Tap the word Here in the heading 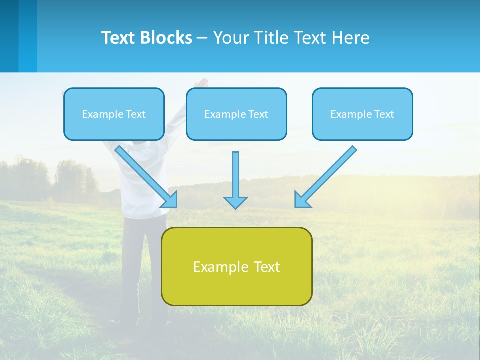pyautogui.click(x=349, y=38)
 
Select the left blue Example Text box pyautogui.click(x=114, y=114)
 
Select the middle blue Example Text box pyautogui.click(x=236, y=114)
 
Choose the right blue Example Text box pyautogui.click(x=362, y=114)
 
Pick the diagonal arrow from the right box pyautogui.click(x=327, y=175)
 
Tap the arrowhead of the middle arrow pyautogui.click(x=235, y=202)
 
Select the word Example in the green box pyautogui.click(x=221, y=267)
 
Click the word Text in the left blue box pyautogui.click(x=136, y=114)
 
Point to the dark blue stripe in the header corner pyautogui.click(x=9, y=36)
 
